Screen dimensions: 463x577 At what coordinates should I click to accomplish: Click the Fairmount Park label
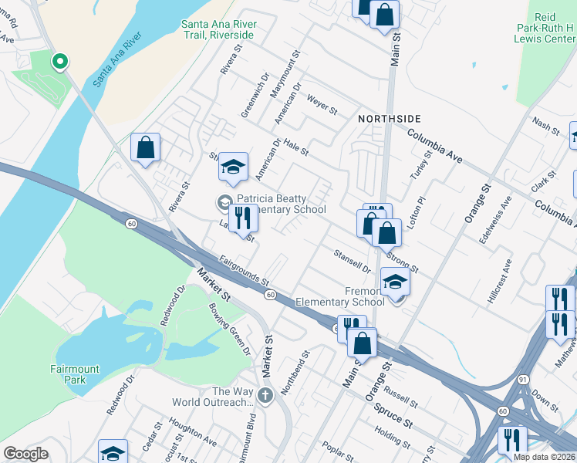pos(75,373)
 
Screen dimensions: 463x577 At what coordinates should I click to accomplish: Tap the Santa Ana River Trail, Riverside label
pos(218,29)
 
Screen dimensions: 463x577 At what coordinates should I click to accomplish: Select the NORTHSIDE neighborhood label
pos(390,118)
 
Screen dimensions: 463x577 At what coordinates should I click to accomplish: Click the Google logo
pos(25,453)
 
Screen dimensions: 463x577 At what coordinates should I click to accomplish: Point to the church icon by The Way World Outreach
pos(265,397)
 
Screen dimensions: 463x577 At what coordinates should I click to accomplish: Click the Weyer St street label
pos(322,106)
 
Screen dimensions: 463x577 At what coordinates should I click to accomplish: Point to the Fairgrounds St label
pos(243,270)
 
